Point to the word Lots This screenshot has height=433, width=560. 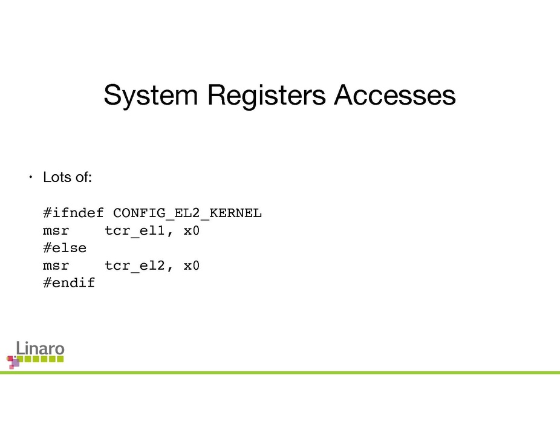click(x=57, y=178)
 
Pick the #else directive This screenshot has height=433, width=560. click(x=65, y=248)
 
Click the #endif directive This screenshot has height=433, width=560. click(x=69, y=282)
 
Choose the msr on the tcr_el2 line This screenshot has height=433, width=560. click(x=56, y=265)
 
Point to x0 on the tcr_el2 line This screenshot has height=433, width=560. click(x=191, y=265)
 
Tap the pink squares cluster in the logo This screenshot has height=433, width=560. click(x=13, y=362)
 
